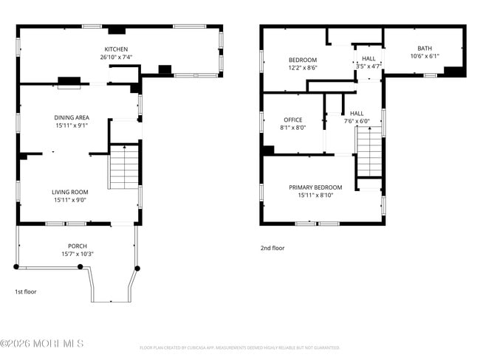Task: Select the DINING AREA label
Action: (x=72, y=117)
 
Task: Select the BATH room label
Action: (x=425, y=49)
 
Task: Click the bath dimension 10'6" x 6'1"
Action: (x=425, y=56)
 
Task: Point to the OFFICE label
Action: (x=293, y=120)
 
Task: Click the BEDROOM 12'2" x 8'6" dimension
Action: (x=302, y=67)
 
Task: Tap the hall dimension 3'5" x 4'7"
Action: (x=368, y=66)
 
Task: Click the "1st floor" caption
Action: (x=26, y=291)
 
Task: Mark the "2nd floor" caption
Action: (x=272, y=248)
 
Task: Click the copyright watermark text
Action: (x=42, y=343)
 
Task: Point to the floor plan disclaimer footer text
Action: (x=239, y=347)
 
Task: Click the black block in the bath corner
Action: (x=454, y=72)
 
